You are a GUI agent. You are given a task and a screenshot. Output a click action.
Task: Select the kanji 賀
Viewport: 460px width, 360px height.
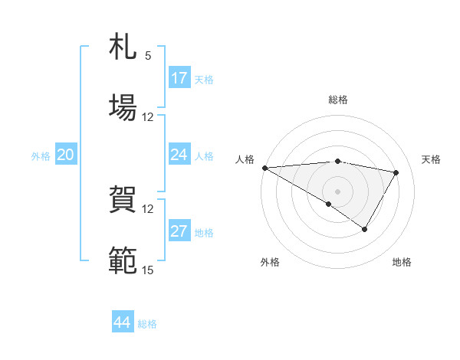click(123, 200)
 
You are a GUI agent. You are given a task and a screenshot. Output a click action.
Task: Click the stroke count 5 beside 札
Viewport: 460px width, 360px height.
click(148, 56)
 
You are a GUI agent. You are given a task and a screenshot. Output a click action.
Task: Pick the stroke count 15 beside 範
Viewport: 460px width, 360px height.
click(148, 270)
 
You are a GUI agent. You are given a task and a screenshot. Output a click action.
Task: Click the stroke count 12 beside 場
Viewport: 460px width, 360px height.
click(148, 117)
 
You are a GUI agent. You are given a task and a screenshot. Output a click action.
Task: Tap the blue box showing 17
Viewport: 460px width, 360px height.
click(179, 78)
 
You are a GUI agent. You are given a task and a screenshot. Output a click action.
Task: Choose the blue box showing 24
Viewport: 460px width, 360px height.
click(179, 155)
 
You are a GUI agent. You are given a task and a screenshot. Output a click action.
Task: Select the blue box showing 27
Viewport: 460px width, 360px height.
click(179, 232)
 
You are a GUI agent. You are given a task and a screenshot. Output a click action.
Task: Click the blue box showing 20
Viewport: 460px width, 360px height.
click(66, 155)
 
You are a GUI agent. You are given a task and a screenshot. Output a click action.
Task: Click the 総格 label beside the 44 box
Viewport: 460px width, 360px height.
click(147, 324)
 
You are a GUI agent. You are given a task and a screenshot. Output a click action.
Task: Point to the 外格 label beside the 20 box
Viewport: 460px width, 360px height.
click(41, 156)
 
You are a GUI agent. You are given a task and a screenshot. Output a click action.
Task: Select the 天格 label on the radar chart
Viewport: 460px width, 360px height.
click(431, 159)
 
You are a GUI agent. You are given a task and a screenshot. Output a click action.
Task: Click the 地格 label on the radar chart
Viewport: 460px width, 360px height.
click(402, 262)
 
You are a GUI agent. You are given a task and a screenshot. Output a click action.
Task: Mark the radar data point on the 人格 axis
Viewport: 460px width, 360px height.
click(264, 168)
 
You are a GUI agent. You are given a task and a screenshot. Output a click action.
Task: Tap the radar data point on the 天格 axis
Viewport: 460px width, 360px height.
click(396, 172)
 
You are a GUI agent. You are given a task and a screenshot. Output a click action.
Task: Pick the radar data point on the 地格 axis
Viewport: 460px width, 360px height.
click(365, 229)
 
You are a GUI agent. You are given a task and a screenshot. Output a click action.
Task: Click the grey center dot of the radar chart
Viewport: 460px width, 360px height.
click(337, 191)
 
